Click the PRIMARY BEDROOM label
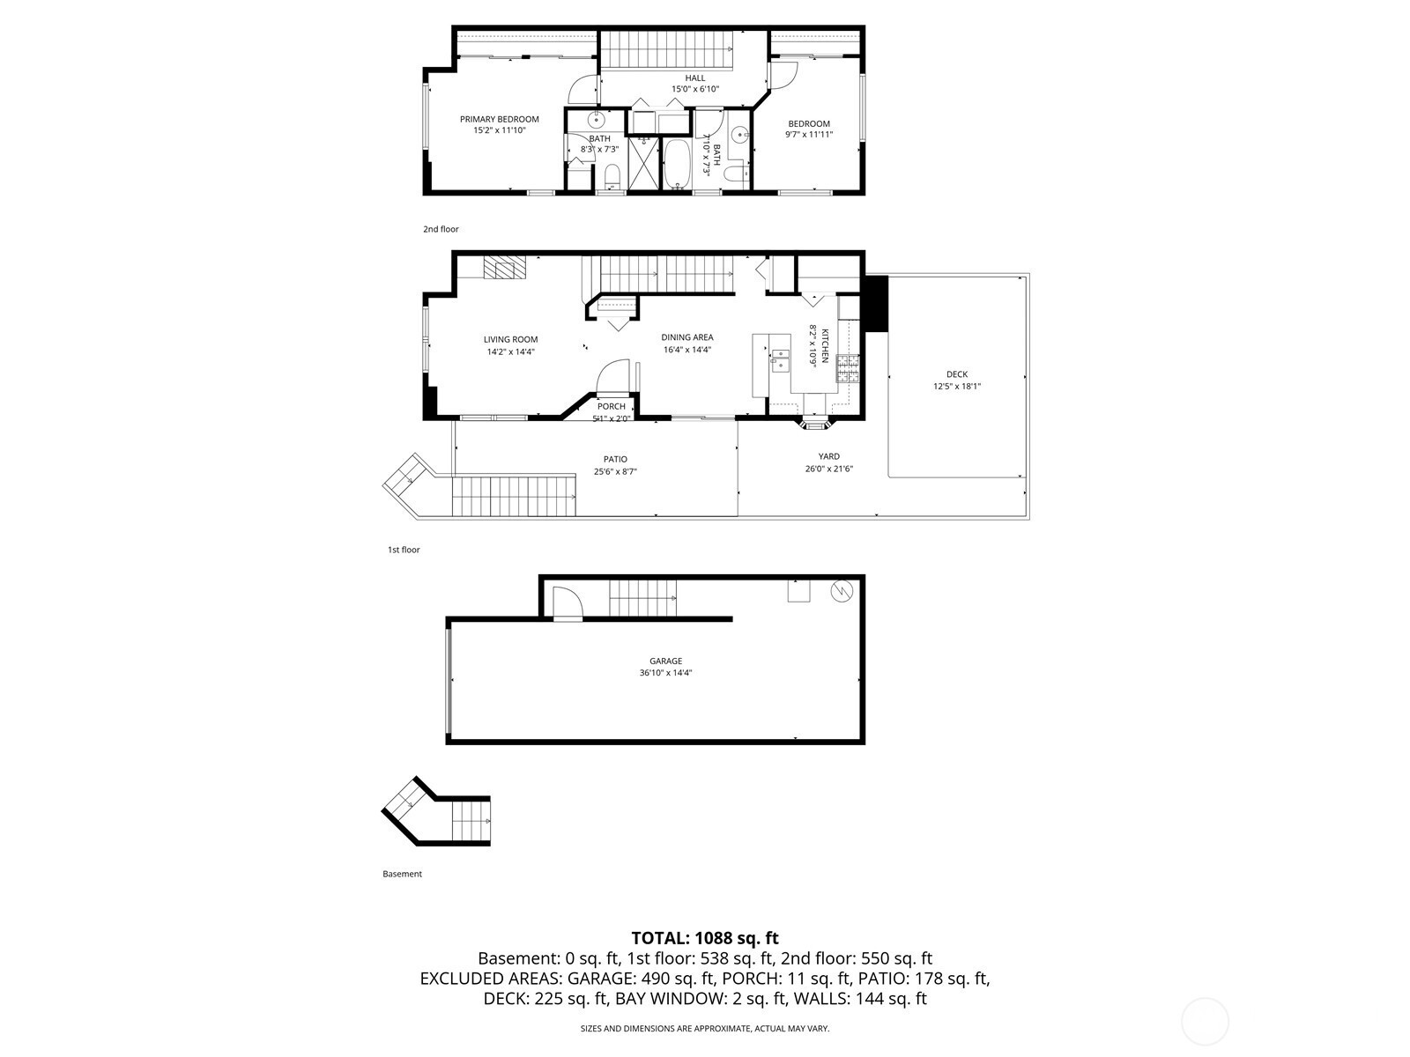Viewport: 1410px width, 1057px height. point(499,119)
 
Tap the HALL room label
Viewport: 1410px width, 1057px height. point(695,78)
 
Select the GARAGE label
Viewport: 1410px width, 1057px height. point(665,661)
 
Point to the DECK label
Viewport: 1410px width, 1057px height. point(956,374)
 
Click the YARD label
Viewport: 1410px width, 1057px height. point(828,456)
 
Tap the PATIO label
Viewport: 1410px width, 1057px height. point(615,459)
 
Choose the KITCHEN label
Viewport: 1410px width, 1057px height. point(825,345)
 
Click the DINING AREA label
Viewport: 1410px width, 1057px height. point(687,337)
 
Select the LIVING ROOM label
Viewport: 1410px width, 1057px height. point(510,339)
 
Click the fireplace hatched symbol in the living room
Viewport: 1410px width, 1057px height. point(505,268)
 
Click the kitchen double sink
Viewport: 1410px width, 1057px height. point(781,360)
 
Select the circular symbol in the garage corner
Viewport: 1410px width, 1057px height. point(842,591)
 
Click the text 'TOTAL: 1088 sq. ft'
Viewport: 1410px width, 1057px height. point(705,938)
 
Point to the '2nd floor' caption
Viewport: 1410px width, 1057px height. point(441,229)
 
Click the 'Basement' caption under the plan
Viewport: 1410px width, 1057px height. point(402,874)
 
